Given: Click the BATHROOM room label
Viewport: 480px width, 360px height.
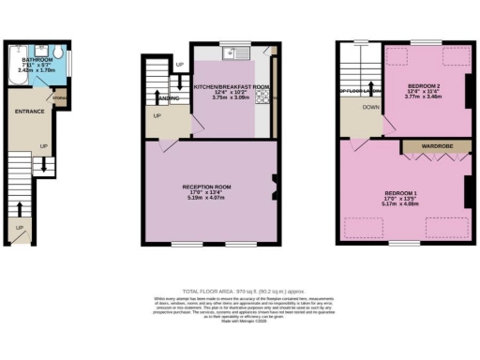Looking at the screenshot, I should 37,59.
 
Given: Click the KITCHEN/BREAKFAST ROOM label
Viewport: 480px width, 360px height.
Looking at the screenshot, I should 232,86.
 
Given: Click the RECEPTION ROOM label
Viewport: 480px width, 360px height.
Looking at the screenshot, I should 206,187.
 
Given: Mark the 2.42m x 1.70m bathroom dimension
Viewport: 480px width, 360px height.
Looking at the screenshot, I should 37,71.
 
